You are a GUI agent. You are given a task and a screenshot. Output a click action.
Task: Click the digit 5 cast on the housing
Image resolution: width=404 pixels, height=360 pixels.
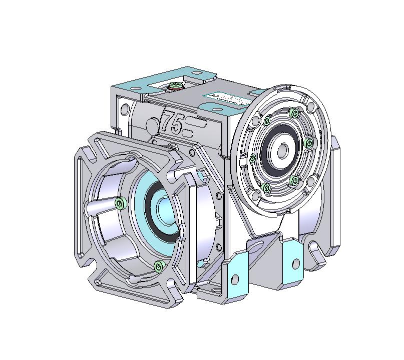(177, 123)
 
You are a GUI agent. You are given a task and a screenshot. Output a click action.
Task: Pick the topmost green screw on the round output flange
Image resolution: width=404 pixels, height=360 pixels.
(293, 114)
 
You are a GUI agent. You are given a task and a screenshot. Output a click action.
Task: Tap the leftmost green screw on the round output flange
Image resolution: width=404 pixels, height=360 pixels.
(252, 158)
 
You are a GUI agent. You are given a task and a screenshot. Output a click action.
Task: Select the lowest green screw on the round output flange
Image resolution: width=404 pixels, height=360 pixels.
(266, 188)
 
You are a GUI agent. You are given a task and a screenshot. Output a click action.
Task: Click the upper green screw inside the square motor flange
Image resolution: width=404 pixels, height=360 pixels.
(120, 202)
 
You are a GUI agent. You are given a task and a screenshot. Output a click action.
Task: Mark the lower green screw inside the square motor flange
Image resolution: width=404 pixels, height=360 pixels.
(159, 265)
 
